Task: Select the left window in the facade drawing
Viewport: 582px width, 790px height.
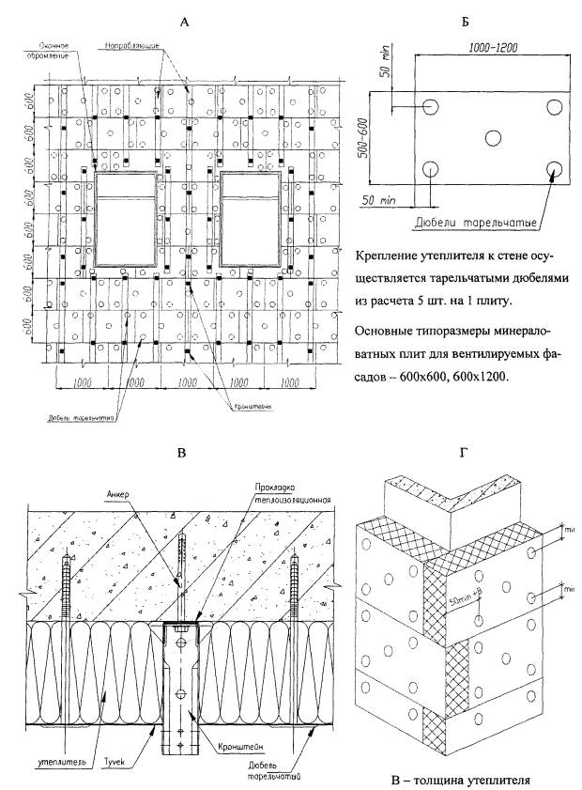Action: (x=125, y=219)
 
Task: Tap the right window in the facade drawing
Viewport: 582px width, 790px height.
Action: (x=252, y=219)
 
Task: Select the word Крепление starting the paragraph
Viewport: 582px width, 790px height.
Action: (x=388, y=256)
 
